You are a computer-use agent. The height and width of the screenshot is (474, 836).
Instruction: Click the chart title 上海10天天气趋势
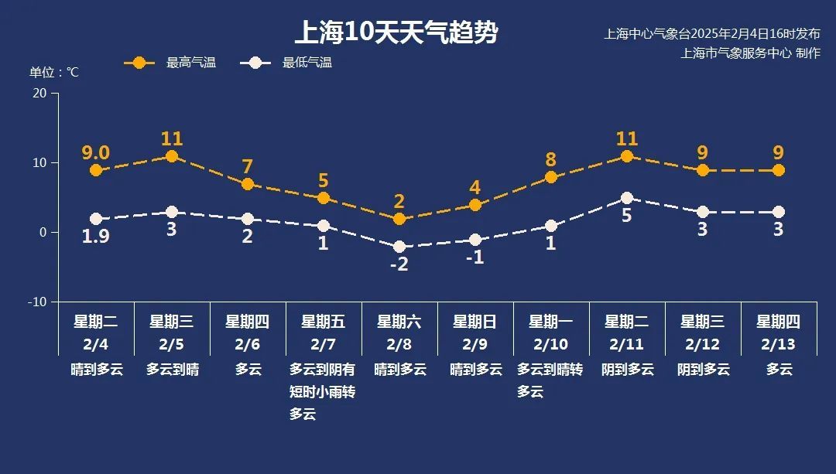click(396, 33)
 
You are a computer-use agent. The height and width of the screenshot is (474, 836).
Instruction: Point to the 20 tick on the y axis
click(39, 93)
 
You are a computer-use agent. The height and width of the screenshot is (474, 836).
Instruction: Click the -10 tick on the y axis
click(37, 302)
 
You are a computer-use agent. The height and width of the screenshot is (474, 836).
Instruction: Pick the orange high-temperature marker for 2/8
click(399, 219)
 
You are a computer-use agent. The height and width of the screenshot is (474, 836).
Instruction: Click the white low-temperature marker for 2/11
click(627, 198)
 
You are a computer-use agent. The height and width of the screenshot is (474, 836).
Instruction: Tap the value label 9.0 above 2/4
click(96, 152)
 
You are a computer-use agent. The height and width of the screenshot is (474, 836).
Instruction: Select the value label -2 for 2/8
click(399, 264)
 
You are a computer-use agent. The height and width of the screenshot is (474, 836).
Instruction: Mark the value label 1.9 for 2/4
click(96, 237)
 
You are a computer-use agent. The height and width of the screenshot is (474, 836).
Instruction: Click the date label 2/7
click(324, 343)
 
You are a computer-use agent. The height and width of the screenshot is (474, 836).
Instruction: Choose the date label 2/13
click(779, 343)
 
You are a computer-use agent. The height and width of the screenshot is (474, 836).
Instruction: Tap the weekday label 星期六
click(399, 322)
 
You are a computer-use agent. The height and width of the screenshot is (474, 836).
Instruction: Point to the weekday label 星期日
click(475, 322)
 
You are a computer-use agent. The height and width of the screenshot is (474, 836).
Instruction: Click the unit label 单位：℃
click(54, 73)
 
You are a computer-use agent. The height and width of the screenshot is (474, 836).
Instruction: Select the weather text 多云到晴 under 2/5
click(172, 370)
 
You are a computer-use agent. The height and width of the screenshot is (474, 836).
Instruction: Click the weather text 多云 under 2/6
click(248, 370)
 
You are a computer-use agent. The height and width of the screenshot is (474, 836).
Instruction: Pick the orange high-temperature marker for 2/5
click(172, 156)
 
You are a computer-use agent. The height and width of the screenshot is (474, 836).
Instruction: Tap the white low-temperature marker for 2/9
click(475, 240)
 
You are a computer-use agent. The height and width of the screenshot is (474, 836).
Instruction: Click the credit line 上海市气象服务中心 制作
click(749, 53)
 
